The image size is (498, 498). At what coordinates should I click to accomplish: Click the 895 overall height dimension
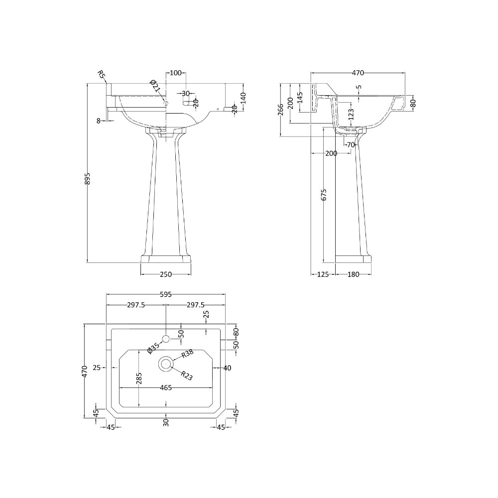pyautogui.click(x=88, y=179)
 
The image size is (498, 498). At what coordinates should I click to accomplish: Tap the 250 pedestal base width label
pyautogui.click(x=166, y=274)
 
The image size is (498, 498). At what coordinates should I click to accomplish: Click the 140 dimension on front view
pyautogui.click(x=244, y=98)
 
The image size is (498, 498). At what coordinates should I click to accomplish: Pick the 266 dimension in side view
pyautogui.click(x=280, y=110)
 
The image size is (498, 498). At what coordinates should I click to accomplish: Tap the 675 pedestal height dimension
pyautogui.click(x=324, y=195)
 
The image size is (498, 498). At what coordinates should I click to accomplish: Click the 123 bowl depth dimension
pyautogui.click(x=351, y=114)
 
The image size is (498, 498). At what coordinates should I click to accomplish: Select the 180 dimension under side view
pyautogui.click(x=353, y=274)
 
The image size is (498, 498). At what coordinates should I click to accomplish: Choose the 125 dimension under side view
pyautogui.click(x=323, y=274)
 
